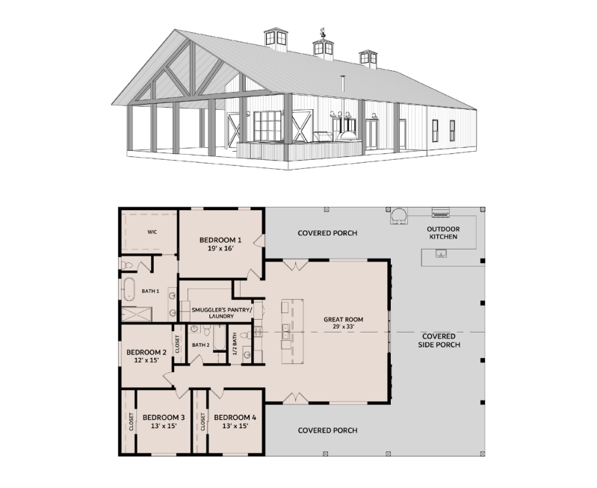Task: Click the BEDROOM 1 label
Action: click(220, 240)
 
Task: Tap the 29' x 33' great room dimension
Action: click(344, 327)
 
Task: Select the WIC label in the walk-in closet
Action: click(152, 232)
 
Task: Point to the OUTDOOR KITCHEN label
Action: click(443, 232)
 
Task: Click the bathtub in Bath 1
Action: click(129, 289)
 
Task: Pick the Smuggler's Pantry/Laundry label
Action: click(221, 313)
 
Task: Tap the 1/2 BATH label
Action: click(235, 343)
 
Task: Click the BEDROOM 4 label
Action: click(235, 418)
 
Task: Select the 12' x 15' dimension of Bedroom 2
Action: click(146, 360)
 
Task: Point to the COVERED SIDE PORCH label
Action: click(439, 341)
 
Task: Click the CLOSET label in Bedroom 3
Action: click(131, 421)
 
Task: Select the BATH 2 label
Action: click(201, 345)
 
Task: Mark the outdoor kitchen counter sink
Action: click(441, 253)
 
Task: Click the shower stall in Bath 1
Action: click(137, 315)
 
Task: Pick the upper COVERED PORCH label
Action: click(327, 232)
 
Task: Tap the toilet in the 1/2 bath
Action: click(247, 336)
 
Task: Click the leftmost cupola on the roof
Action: click(276, 40)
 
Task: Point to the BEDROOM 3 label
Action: click(164, 418)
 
